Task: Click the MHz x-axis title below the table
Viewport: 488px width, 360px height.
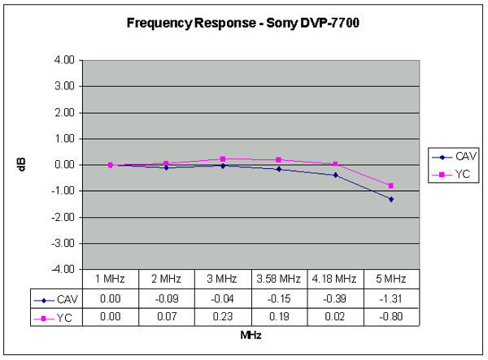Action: click(251, 334)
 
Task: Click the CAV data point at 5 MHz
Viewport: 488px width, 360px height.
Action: click(391, 199)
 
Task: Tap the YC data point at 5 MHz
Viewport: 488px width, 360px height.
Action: click(391, 186)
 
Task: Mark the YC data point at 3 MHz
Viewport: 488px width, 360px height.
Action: click(223, 159)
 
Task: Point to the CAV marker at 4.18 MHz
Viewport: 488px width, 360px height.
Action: click(335, 175)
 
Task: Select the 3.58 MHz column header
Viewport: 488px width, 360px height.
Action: click(279, 279)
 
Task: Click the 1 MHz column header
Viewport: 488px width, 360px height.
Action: click(111, 279)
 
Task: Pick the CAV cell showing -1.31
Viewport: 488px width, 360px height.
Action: click(391, 297)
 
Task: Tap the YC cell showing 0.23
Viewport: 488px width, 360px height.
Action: click(223, 316)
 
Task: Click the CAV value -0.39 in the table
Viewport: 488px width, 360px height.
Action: click(335, 297)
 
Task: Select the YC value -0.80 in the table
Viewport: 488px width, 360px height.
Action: click(391, 316)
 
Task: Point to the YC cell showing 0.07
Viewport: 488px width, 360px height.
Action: click(167, 316)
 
